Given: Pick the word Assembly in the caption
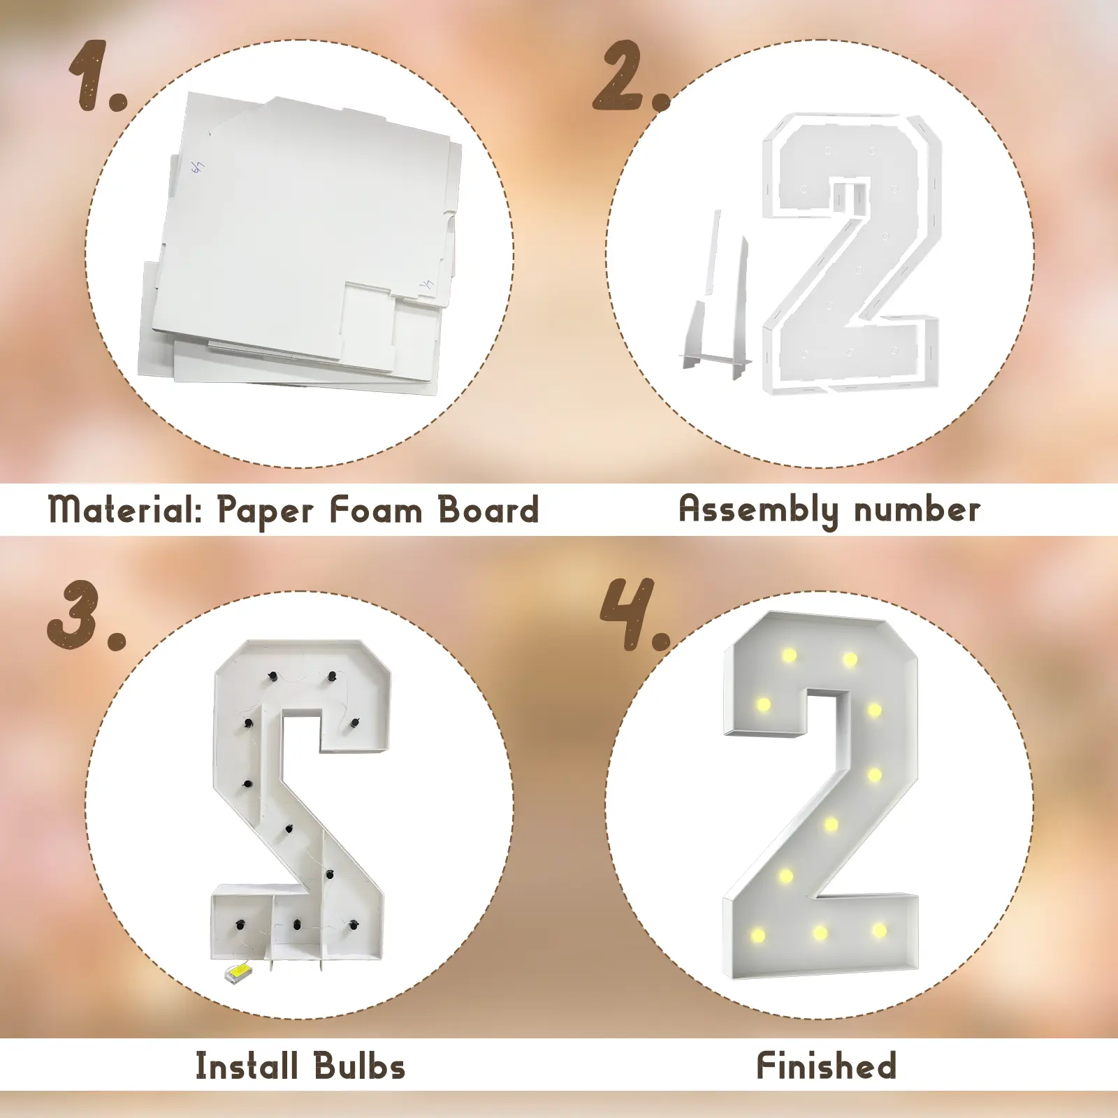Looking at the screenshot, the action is [x=759, y=510].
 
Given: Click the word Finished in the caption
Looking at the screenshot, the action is [x=827, y=1066].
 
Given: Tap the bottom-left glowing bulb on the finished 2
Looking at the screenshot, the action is [x=757, y=934].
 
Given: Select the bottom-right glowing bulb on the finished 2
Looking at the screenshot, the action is [x=879, y=930].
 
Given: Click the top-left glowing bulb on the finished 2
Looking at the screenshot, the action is [x=789, y=655].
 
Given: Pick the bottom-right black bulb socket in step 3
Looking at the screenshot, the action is [x=354, y=925].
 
